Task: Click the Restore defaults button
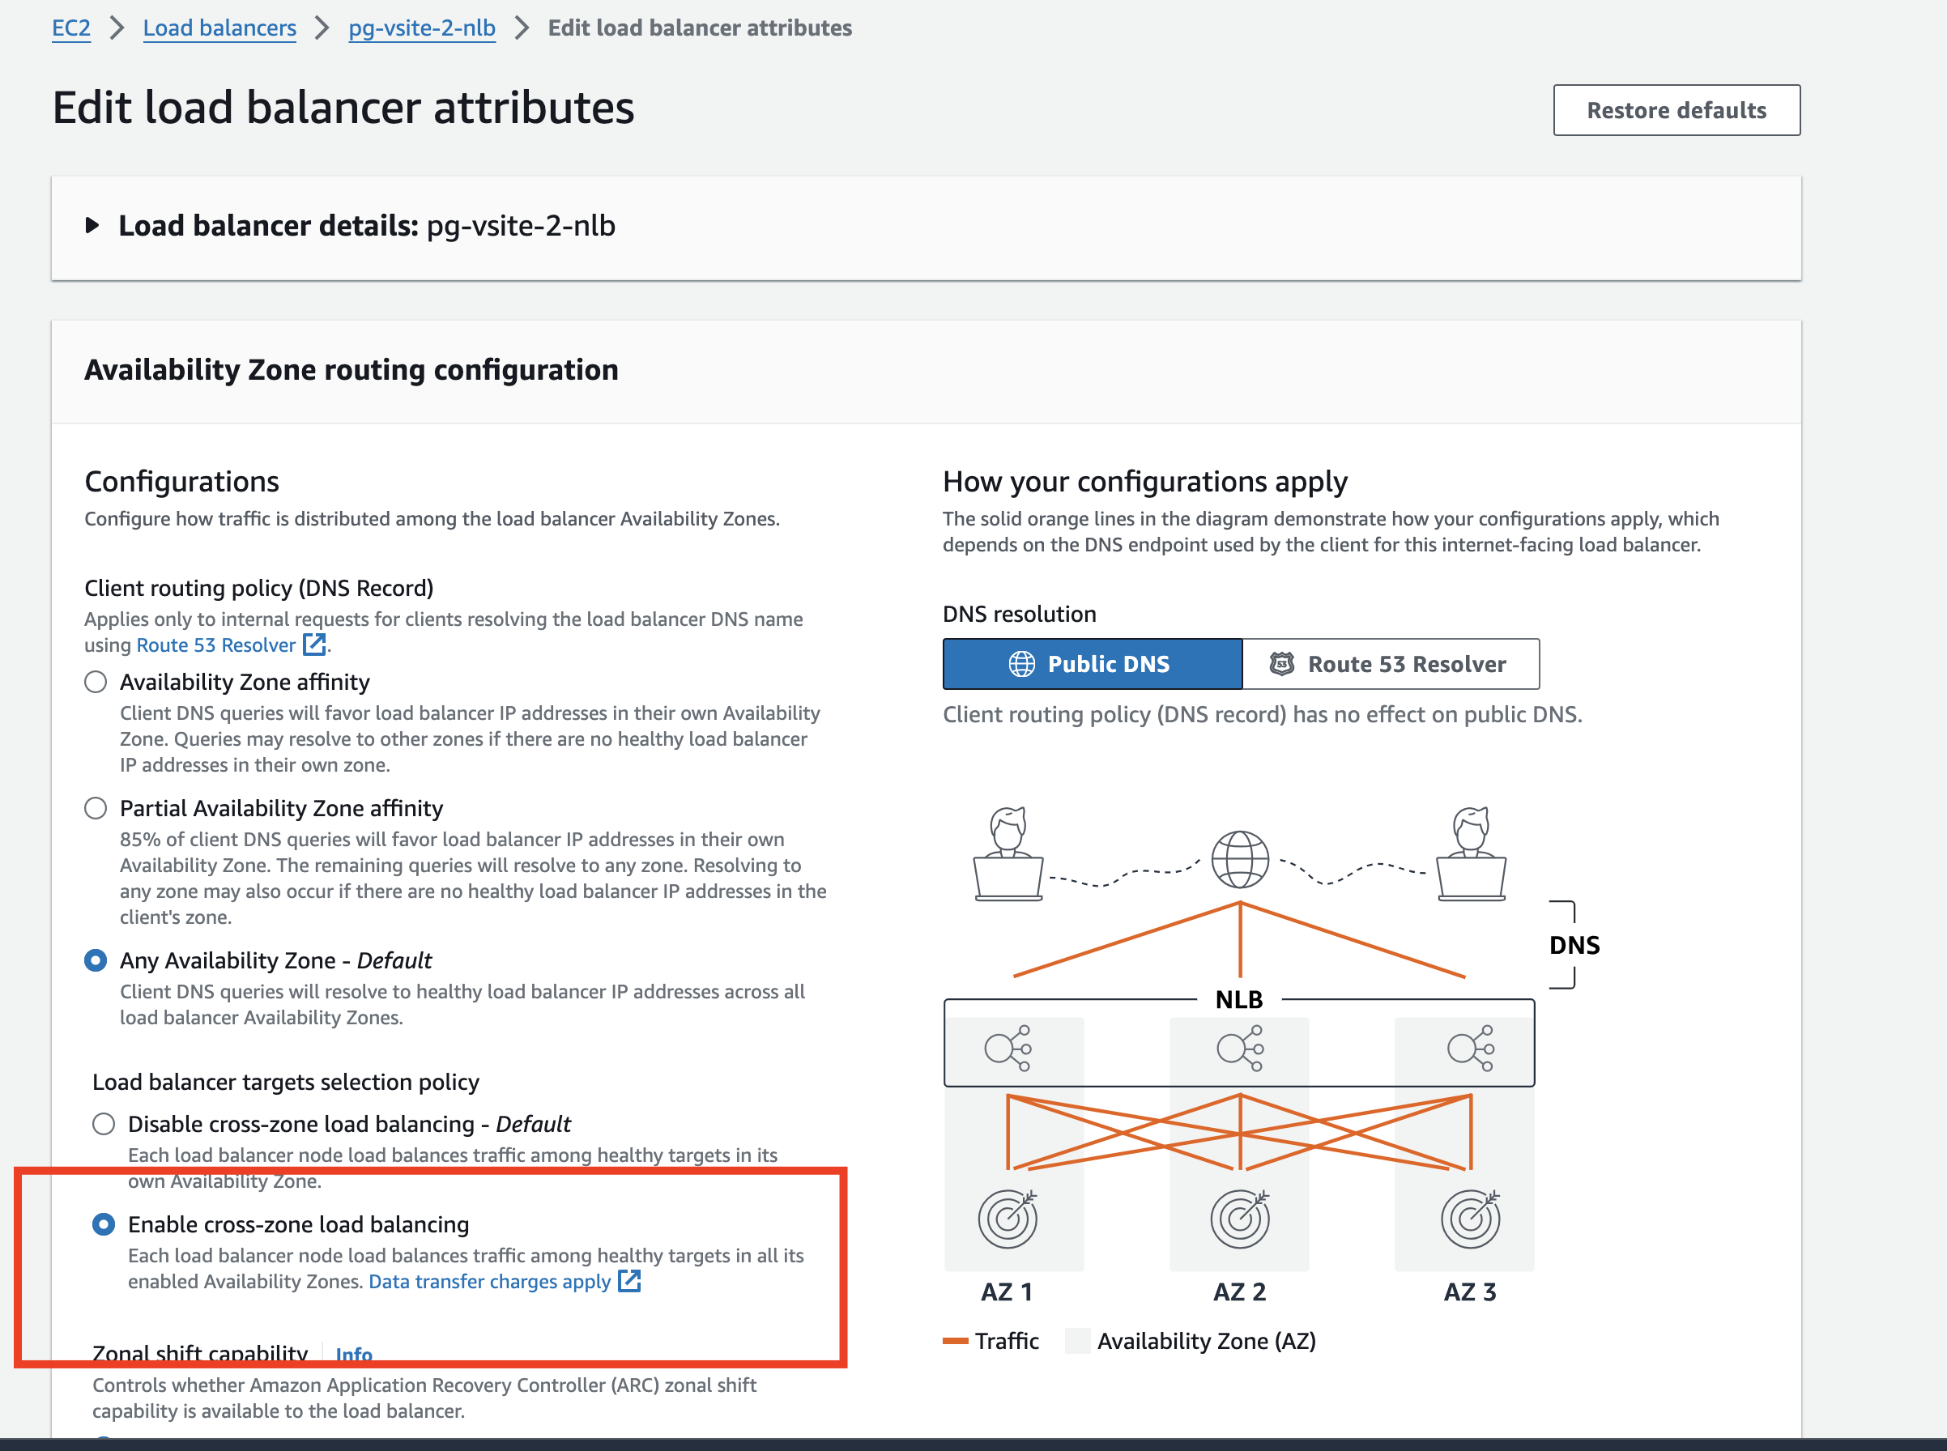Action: coord(1676,111)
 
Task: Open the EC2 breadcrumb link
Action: coord(71,28)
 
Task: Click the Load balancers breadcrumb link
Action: coord(219,28)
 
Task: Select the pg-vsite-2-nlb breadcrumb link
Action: coord(422,28)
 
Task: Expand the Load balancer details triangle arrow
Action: coord(92,226)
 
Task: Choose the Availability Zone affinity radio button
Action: coord(96,683)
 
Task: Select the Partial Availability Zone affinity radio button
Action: coord(96,808)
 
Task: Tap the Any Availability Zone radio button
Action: coord(96,960)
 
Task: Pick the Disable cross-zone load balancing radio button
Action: coord(104,1124)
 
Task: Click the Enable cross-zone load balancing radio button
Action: coord(104,1224)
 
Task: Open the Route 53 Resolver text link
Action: coord(216,645)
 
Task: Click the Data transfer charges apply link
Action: coord(489,1282)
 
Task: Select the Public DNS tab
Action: coord(1091,664)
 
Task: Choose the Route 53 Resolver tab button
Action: coord(1390,664)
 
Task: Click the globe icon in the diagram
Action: coord(1240,859)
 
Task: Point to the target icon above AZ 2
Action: coord(1240,1219)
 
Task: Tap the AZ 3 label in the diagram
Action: coord(1470,1292)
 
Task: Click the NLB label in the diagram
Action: coord(1239,999)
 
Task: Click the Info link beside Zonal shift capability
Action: coord(354,1354)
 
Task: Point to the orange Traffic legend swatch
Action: coord(955,1341)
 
